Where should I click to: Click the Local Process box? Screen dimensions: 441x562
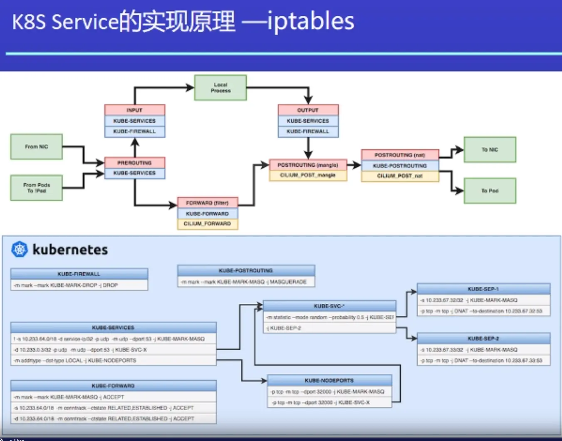(220, 88)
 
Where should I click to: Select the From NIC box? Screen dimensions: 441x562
(37, 147)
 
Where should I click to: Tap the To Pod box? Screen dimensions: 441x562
(490, 191)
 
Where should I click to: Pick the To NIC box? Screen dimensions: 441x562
(490, 150)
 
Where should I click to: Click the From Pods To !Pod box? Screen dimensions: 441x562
(37, 188)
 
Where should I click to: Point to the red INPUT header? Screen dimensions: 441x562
(134, 110)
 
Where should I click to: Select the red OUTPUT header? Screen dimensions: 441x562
(308, 110)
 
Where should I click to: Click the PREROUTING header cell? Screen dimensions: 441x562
(134, 163)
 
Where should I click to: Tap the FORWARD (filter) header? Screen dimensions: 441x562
(207, 203)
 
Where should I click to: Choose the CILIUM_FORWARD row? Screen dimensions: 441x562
(207, 224)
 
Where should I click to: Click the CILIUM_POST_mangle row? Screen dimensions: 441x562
(308, 176)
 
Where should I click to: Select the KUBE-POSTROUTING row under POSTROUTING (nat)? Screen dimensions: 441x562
(400, 166)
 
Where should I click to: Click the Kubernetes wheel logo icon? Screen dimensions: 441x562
(19, 250)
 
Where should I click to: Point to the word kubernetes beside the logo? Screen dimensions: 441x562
(70, 250)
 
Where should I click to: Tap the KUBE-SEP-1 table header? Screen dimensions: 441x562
(483, 289)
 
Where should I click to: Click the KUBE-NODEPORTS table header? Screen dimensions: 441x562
(329, 381)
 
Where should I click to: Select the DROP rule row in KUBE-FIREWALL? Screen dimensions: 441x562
(79, 285)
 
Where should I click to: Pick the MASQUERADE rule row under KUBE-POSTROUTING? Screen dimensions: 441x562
(246, 282)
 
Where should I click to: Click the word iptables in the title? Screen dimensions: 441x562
(311, 22)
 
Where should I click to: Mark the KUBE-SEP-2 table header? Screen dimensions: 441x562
(483, 339)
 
